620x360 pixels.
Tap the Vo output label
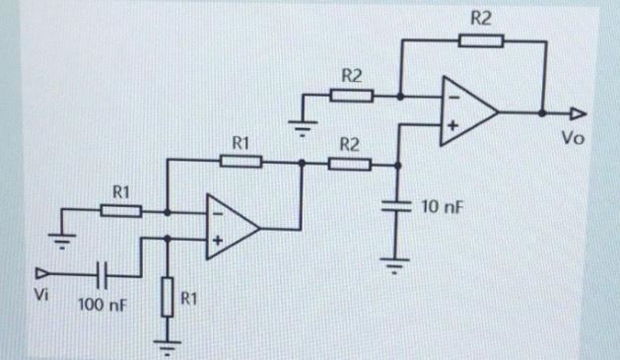pos(573,138)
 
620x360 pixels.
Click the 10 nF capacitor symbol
pos(399,208)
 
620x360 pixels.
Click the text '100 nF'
pos(101,307)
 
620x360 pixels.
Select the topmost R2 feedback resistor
pos(480,40)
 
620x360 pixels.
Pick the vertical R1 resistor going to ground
pos(168,295)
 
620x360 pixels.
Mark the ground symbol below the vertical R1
pos(168,345)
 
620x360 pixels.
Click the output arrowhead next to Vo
pos(578,112)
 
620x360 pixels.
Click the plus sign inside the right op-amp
pos(453,126)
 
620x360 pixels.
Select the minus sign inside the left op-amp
pos(217,212)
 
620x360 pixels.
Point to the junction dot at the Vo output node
pos(543,112)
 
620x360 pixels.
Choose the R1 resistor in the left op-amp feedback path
pos(240,162)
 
